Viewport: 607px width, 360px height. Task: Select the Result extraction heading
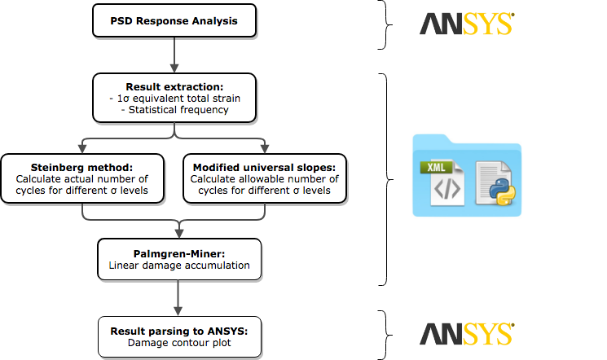click(x=174, y=86)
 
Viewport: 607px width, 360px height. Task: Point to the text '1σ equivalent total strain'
click(x=173, y=98)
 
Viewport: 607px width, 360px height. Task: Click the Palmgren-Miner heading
click(x=178, y=253)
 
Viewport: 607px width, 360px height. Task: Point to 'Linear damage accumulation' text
click(x=178, y=265)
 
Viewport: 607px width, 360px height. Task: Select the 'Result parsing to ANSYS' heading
click(x=178, y=331)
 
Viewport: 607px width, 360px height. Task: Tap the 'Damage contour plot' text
click(x=178, y=343)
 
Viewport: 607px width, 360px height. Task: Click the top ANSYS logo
click(x=467, y=24)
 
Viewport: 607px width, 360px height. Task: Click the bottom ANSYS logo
click(x=467, y=334)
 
